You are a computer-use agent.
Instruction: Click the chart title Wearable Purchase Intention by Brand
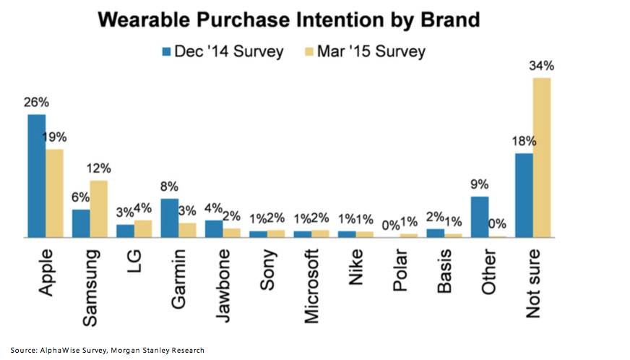pos(289,20)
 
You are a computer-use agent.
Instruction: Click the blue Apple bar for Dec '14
pos(37,176)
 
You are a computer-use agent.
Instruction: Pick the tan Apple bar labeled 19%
pos(55,193)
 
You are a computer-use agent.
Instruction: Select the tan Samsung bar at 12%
pos(99,208)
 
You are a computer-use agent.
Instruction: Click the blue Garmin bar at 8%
pos(170,218)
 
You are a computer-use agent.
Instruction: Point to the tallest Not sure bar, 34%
pos(542,157)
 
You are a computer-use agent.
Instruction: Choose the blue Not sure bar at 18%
pos(524,195)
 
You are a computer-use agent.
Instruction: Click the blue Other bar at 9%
pos(480,217)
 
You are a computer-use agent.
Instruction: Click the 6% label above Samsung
pos(81,197)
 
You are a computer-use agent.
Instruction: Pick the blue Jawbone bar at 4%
pos(214,228)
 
